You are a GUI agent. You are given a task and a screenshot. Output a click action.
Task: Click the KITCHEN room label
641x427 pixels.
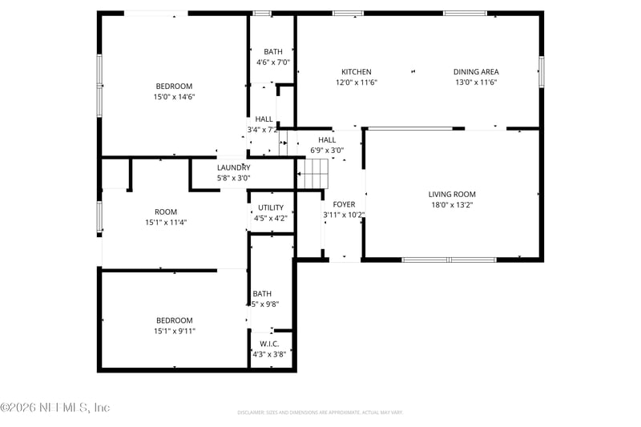357,72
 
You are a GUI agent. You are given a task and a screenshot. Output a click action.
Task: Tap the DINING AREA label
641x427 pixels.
476,72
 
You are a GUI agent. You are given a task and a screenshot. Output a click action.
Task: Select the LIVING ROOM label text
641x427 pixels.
452,195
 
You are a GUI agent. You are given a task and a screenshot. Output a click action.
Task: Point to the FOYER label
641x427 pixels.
344,204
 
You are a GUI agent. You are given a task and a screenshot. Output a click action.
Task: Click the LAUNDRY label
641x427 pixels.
233,167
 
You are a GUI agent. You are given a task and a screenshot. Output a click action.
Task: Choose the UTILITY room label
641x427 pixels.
270,207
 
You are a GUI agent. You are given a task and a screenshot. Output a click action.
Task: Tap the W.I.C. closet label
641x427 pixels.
269,344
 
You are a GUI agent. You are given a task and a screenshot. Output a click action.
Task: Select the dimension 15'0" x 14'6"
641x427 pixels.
174,97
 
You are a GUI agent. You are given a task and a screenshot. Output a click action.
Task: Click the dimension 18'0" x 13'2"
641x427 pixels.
452,205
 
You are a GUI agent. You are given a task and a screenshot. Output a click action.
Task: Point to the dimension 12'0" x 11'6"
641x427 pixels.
357,83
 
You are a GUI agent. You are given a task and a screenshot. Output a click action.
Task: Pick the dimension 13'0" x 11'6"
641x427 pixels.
476,83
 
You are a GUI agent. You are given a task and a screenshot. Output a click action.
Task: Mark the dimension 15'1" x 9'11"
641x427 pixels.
174,331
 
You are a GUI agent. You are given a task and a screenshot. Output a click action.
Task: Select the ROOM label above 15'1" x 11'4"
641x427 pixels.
166,212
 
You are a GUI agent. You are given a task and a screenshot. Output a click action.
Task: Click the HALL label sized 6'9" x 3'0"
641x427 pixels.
327,139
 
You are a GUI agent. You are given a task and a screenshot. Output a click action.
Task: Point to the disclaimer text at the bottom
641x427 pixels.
320,413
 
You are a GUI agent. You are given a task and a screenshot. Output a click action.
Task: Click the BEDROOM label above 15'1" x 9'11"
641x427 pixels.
174,320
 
